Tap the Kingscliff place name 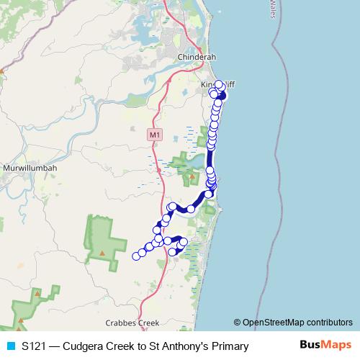click(217, 85)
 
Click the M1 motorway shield click(153, 135)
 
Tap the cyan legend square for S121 click(11, 346)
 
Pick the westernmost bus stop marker click(135, 255)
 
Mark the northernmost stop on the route click(219, 84)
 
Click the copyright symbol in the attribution click(238, 322)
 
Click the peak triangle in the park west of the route click(102, 253)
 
